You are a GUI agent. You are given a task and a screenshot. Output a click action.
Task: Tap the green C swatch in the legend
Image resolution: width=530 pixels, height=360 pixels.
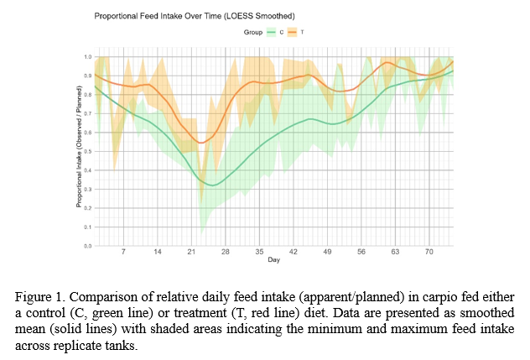coord(271,32)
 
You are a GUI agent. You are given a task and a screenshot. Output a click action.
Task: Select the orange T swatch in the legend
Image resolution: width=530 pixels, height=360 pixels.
coord(294,32)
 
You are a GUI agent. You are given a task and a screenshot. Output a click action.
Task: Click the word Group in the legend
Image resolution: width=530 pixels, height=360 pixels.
coord(252,32)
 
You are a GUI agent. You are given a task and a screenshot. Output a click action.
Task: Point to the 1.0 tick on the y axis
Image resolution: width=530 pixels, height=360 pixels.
coord(87,57)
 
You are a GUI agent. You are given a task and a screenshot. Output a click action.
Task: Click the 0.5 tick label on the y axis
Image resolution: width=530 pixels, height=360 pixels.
coord(87,151)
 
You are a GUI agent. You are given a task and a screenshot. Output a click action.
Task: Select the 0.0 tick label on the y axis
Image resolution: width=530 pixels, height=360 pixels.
coord(87,246)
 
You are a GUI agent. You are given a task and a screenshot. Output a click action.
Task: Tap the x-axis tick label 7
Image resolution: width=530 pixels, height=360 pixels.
coord(123,252)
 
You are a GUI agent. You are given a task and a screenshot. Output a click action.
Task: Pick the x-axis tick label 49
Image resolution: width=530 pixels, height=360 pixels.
coord(327,252)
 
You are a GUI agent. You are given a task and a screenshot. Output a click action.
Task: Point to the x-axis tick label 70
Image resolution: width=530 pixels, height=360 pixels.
coord(429,252)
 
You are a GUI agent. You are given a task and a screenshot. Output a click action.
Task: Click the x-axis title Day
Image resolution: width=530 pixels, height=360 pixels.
coord(274,261)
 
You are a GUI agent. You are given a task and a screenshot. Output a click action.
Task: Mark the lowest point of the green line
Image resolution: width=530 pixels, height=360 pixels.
coord(213,185)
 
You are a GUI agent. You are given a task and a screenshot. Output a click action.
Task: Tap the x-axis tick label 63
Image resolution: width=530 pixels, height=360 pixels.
coord(394,252)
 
